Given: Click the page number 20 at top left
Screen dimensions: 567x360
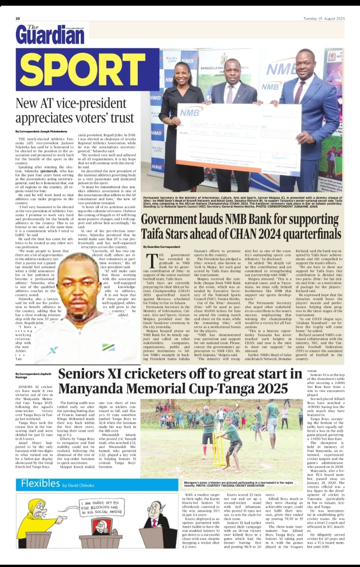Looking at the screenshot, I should click(x=18, y=19).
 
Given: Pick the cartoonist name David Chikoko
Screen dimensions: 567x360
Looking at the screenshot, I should click(x=79, y=485).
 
